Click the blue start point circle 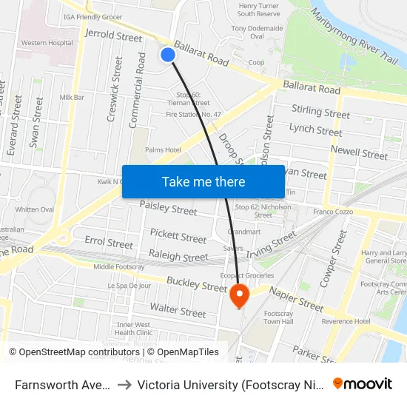(x=168, y=54)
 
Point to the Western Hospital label (x=47, y=43)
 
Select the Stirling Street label (x=320, y=112)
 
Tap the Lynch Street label (x=316, y=129)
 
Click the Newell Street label (x=359, y=153)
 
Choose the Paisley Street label (x=168, y=209)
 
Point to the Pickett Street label (x=178, y=238)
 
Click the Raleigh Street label (x=178, y=256)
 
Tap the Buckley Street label (x=196, y=284)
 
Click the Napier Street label (x=296, y=299)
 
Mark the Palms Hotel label (x=163, y=150)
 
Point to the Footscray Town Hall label (x=278, y=317)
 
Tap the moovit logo (x=362, y=383)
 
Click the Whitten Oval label (x=35, y=209)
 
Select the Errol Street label (x=109, y=242)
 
